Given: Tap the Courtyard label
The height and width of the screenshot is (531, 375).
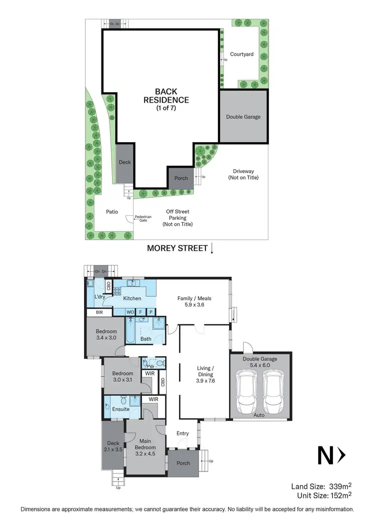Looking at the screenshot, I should (x=241, y=54).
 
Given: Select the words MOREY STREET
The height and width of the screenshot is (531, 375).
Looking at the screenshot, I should (x=177, y=248).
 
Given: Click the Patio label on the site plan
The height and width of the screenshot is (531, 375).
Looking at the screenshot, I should (x=112, y=212).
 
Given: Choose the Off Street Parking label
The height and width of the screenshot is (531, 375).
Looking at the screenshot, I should (x=177, y=218).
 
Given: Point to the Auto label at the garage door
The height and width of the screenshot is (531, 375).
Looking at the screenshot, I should (x=258, y=415).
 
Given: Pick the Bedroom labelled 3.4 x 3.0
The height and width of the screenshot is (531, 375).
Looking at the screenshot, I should (x=107, y=335).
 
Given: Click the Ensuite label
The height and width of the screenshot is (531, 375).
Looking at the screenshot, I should (x=120, y=409).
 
